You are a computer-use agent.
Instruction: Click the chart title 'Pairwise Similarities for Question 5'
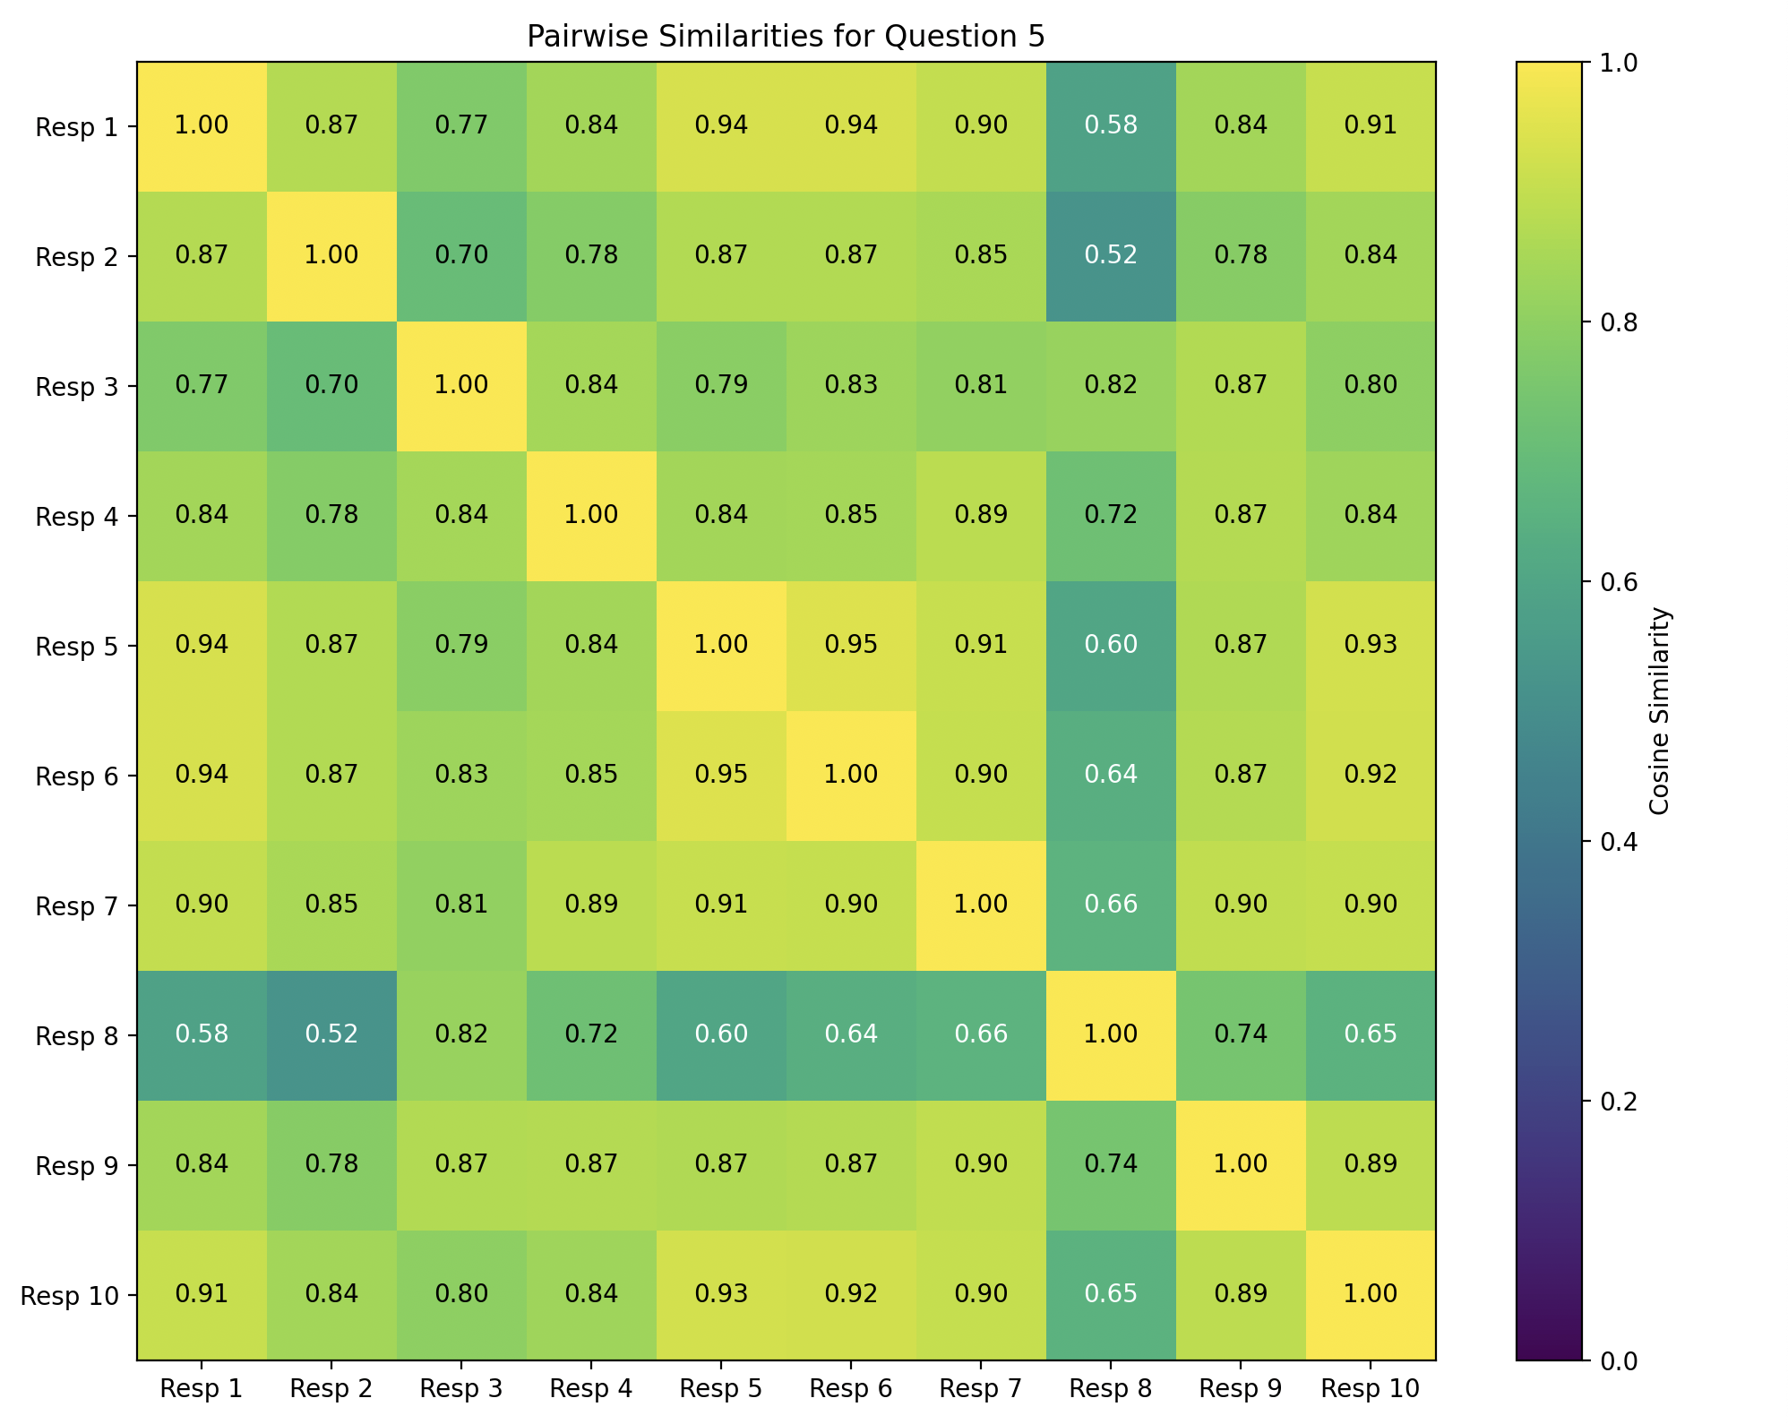pos(786,37)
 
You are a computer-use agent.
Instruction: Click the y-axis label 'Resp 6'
pos(77,776)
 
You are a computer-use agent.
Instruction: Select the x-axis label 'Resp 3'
pos(460,1389)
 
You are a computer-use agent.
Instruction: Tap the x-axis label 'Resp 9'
pos(1240,1389)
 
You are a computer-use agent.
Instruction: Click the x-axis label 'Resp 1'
pos(202,1389)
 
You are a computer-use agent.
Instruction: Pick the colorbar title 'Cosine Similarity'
pos(1659,711)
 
